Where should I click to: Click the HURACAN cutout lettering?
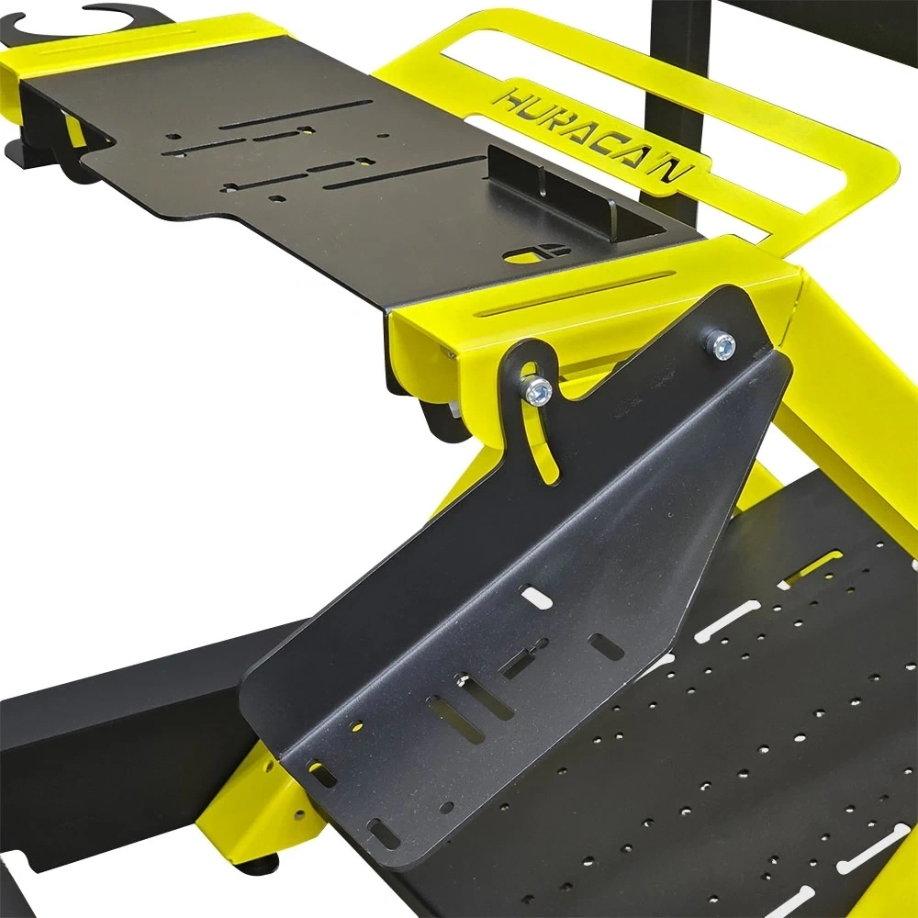(593, 136)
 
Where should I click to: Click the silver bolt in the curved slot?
(537, 390)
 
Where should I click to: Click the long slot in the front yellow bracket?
(575, 294)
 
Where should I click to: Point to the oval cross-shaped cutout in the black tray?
(536, 253)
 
